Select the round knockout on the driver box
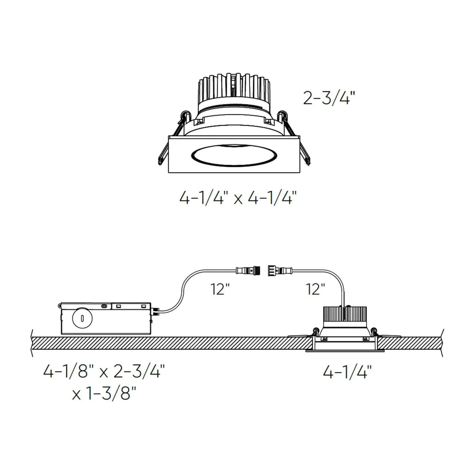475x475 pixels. [82, 318]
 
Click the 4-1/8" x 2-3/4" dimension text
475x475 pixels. [104, 373]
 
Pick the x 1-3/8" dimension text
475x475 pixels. [104, 395]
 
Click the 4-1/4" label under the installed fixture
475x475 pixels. [347, 373]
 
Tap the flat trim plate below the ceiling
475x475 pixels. [344, 351]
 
